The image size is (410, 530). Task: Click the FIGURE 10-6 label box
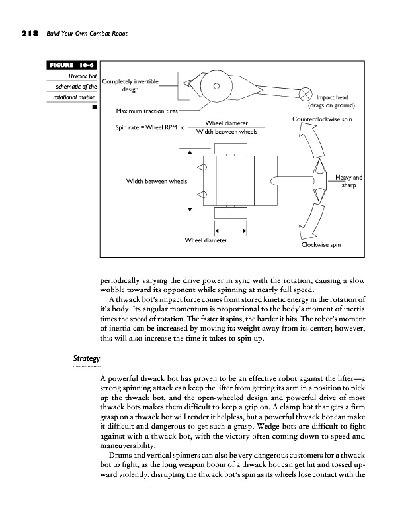pos(71,65)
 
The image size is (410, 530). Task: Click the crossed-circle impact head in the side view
pos(306,93)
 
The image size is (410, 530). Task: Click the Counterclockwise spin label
pos(321,119)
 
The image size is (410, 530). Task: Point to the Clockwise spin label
pos(321,245)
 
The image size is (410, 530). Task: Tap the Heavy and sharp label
pos(348,182)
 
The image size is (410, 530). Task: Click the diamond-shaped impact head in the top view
pos(319,178)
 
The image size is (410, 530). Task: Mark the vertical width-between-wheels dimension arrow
pos(190,180)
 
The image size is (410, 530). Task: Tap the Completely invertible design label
pos(130,85)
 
